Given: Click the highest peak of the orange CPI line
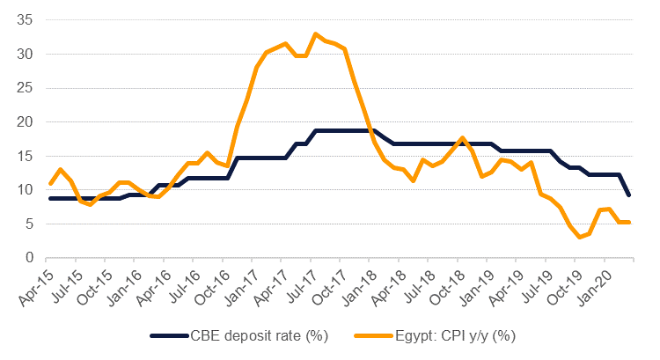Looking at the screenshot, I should tap(315, 34).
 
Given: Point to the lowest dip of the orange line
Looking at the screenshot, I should tap(579, 237).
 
